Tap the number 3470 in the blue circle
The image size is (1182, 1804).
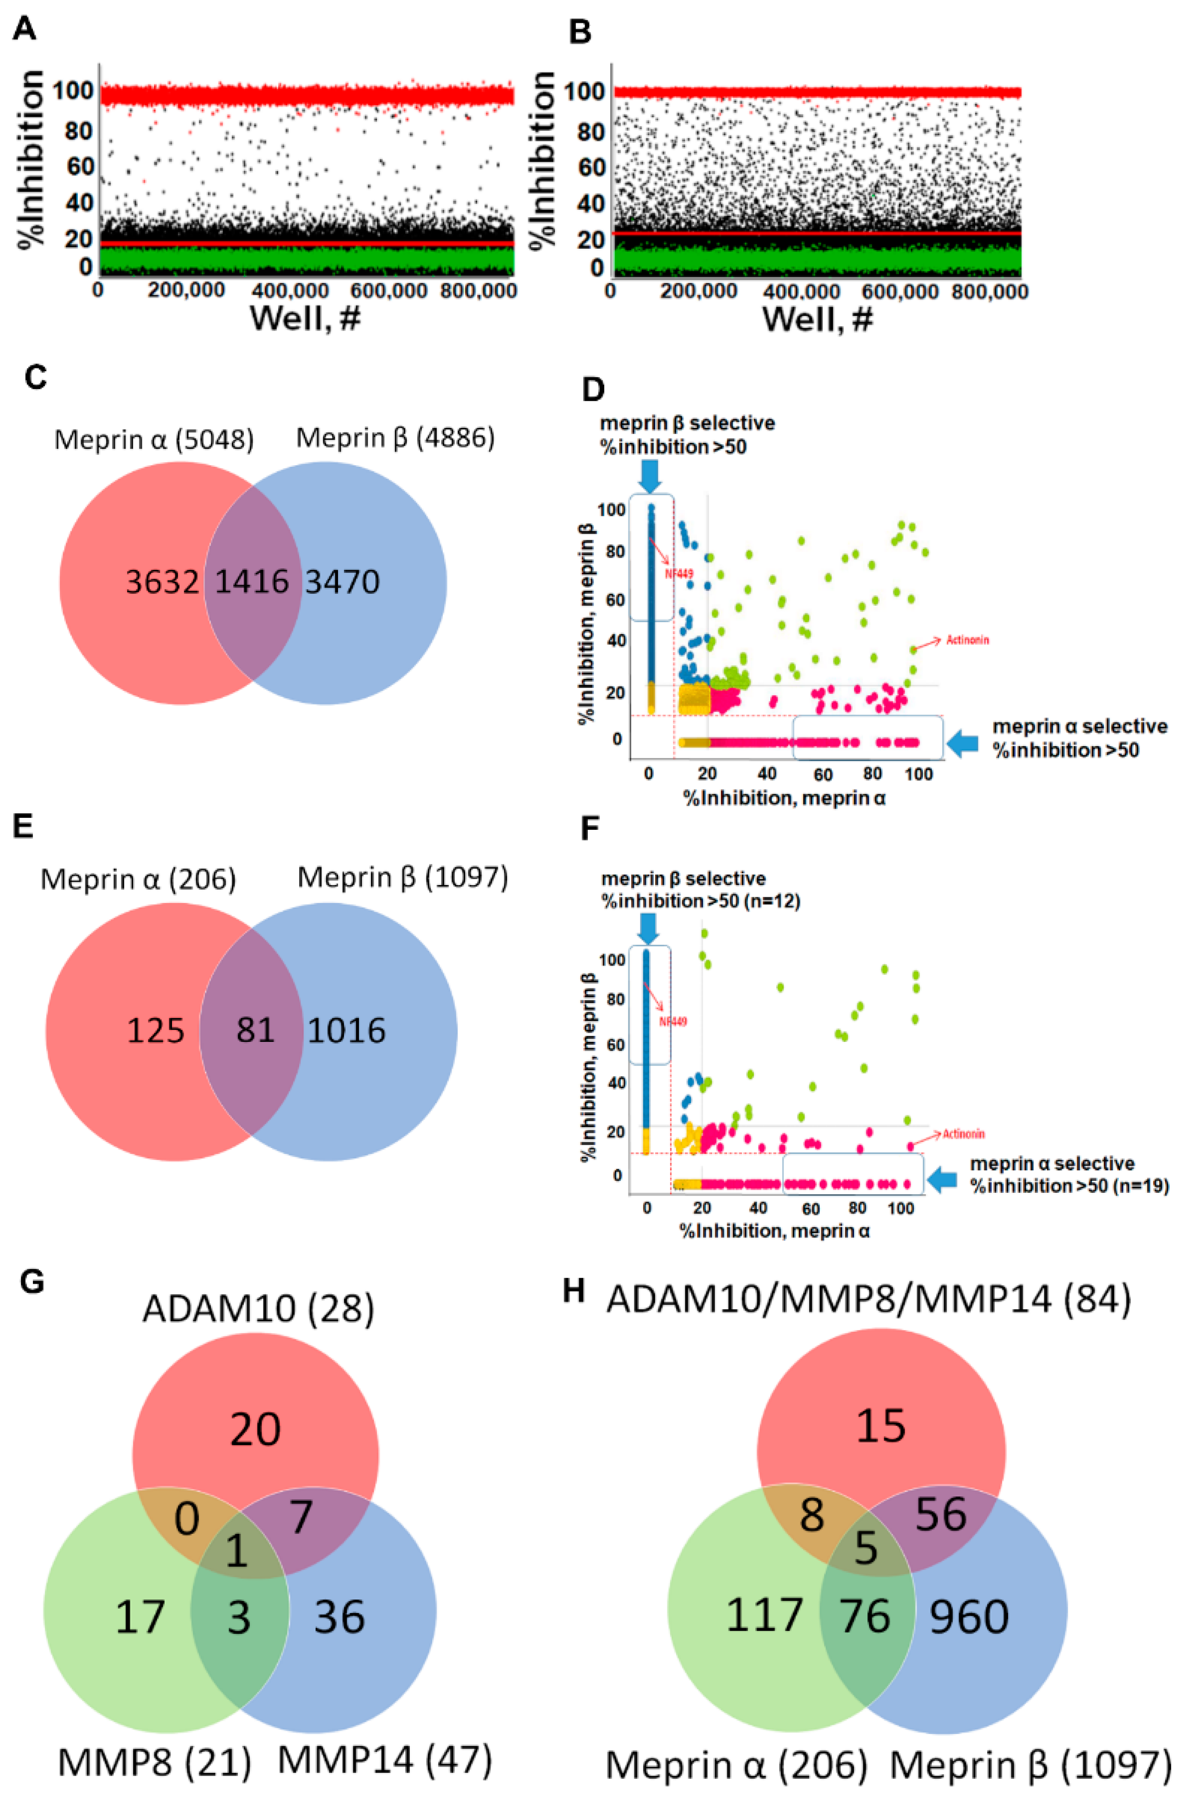(x=342, y=582)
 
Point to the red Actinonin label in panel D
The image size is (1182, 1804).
(x=967, y=640)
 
